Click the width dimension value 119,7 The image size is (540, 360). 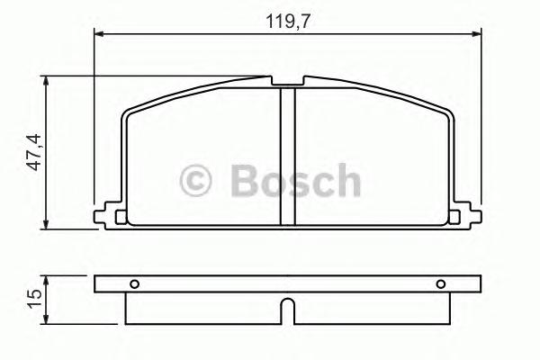[288, 20]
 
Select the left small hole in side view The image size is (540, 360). [134, 285]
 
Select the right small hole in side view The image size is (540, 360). [441, 285]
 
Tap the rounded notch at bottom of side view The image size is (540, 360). [288, 309]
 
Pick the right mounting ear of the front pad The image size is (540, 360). [466, 214]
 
